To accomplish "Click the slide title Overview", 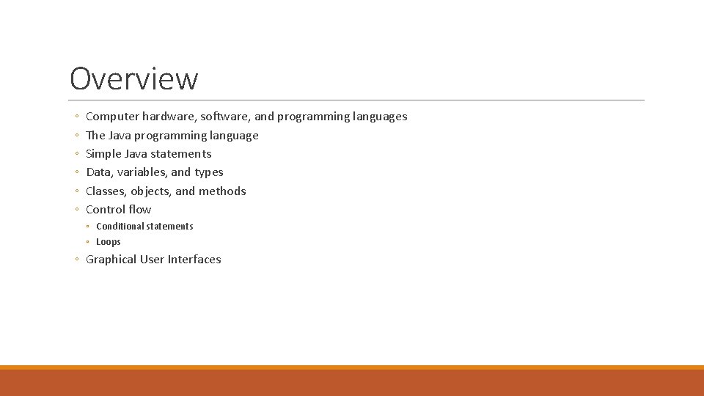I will [x=133, y=78].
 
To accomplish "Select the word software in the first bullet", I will [x=225, y=117].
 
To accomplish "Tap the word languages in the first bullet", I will [x=379, y=117].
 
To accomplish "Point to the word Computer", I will [x=112, y=117].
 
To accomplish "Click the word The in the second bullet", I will [x=95, y=136].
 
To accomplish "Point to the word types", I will [x=209, y=173].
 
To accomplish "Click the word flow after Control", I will [x=139, y=210].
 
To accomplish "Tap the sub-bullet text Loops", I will [x=109, y=242].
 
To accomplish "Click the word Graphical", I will [x=111, y=260].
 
